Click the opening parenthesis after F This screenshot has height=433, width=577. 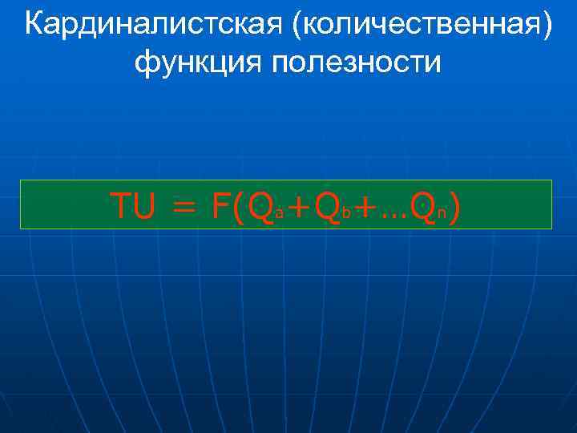click(x=240, y=207)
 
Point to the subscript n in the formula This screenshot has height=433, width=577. click(x=441, y=214)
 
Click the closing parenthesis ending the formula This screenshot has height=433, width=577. click(x=454, y=207)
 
